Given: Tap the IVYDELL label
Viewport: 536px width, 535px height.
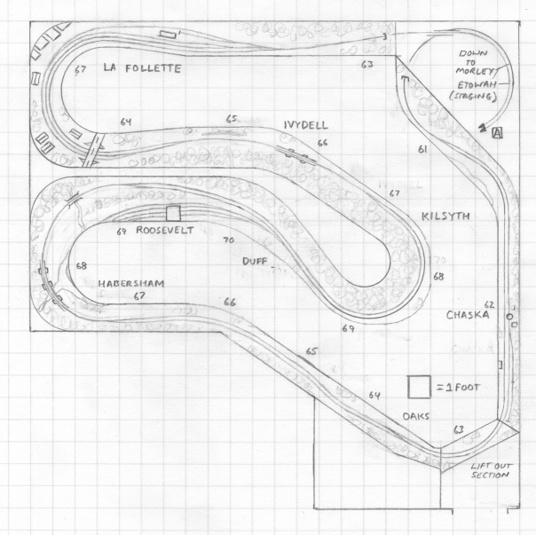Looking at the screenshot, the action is click(308, 124).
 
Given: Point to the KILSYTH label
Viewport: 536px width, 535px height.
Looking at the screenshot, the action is click(445, 217).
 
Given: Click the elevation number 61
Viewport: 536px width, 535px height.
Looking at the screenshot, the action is click(422, 150).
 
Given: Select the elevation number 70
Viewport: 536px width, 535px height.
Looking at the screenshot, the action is click(228, 240).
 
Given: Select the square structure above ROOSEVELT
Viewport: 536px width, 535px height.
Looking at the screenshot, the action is click(173, 213).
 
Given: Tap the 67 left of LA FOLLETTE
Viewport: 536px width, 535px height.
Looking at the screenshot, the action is click(83, 69).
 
